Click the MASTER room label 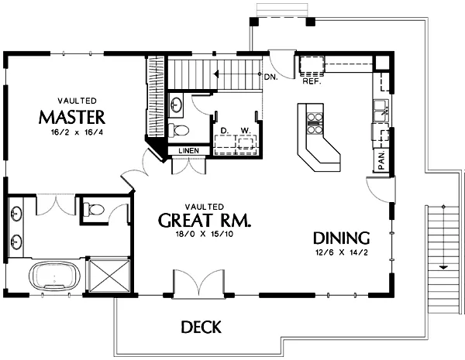point(72,117)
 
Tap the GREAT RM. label point(205,220)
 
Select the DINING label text point(341,238)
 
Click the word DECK point(201,327)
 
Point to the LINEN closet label point(189,151)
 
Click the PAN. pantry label point(381,160)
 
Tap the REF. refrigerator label point(312,81)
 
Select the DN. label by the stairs point(271,77)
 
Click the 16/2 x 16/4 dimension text point(77,132)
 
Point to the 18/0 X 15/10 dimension point(205,234)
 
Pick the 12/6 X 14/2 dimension point(341,252)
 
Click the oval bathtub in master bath point(54,276)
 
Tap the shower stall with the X point(109,276)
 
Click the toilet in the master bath point(94,209)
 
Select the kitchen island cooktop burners point(315,123)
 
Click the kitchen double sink point(381,111)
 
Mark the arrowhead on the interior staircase point(216,74)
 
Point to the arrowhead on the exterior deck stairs point(443,267)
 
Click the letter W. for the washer point(246,130)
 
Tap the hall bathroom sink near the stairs point(176,104)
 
